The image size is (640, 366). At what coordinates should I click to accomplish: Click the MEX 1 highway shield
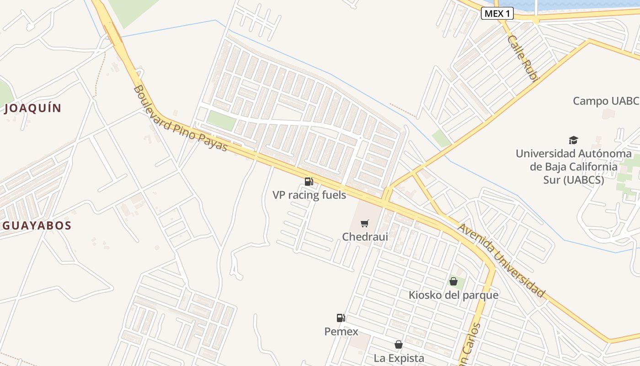(497, 14)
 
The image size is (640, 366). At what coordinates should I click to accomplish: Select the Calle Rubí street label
(522, 58)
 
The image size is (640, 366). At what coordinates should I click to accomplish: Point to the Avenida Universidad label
(502, 260)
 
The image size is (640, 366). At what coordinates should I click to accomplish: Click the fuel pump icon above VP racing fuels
(309, 182)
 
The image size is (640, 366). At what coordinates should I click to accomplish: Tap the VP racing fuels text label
(309, 195)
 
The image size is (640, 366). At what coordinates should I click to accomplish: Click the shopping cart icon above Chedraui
(364, 224)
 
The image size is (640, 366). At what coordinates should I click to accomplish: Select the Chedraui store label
(365, 237)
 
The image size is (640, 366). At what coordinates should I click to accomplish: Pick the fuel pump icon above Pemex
(341, 318)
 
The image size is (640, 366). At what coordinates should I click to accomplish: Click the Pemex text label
(341, 331)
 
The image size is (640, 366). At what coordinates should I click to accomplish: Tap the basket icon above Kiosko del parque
(453, 281)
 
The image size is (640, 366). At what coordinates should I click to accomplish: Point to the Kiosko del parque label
(453, 295)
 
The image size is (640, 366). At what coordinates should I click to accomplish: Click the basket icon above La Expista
(399, 344)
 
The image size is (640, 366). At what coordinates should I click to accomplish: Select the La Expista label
(399, 358)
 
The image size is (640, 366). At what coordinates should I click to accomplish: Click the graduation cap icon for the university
(573, 140)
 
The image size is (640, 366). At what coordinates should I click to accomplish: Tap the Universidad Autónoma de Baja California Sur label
(573, 167)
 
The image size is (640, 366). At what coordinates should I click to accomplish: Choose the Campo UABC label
(605, 101)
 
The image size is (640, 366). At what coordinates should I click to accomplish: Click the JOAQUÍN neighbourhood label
(33, 108)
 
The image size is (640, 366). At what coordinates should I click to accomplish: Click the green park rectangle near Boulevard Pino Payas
(221, 120)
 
